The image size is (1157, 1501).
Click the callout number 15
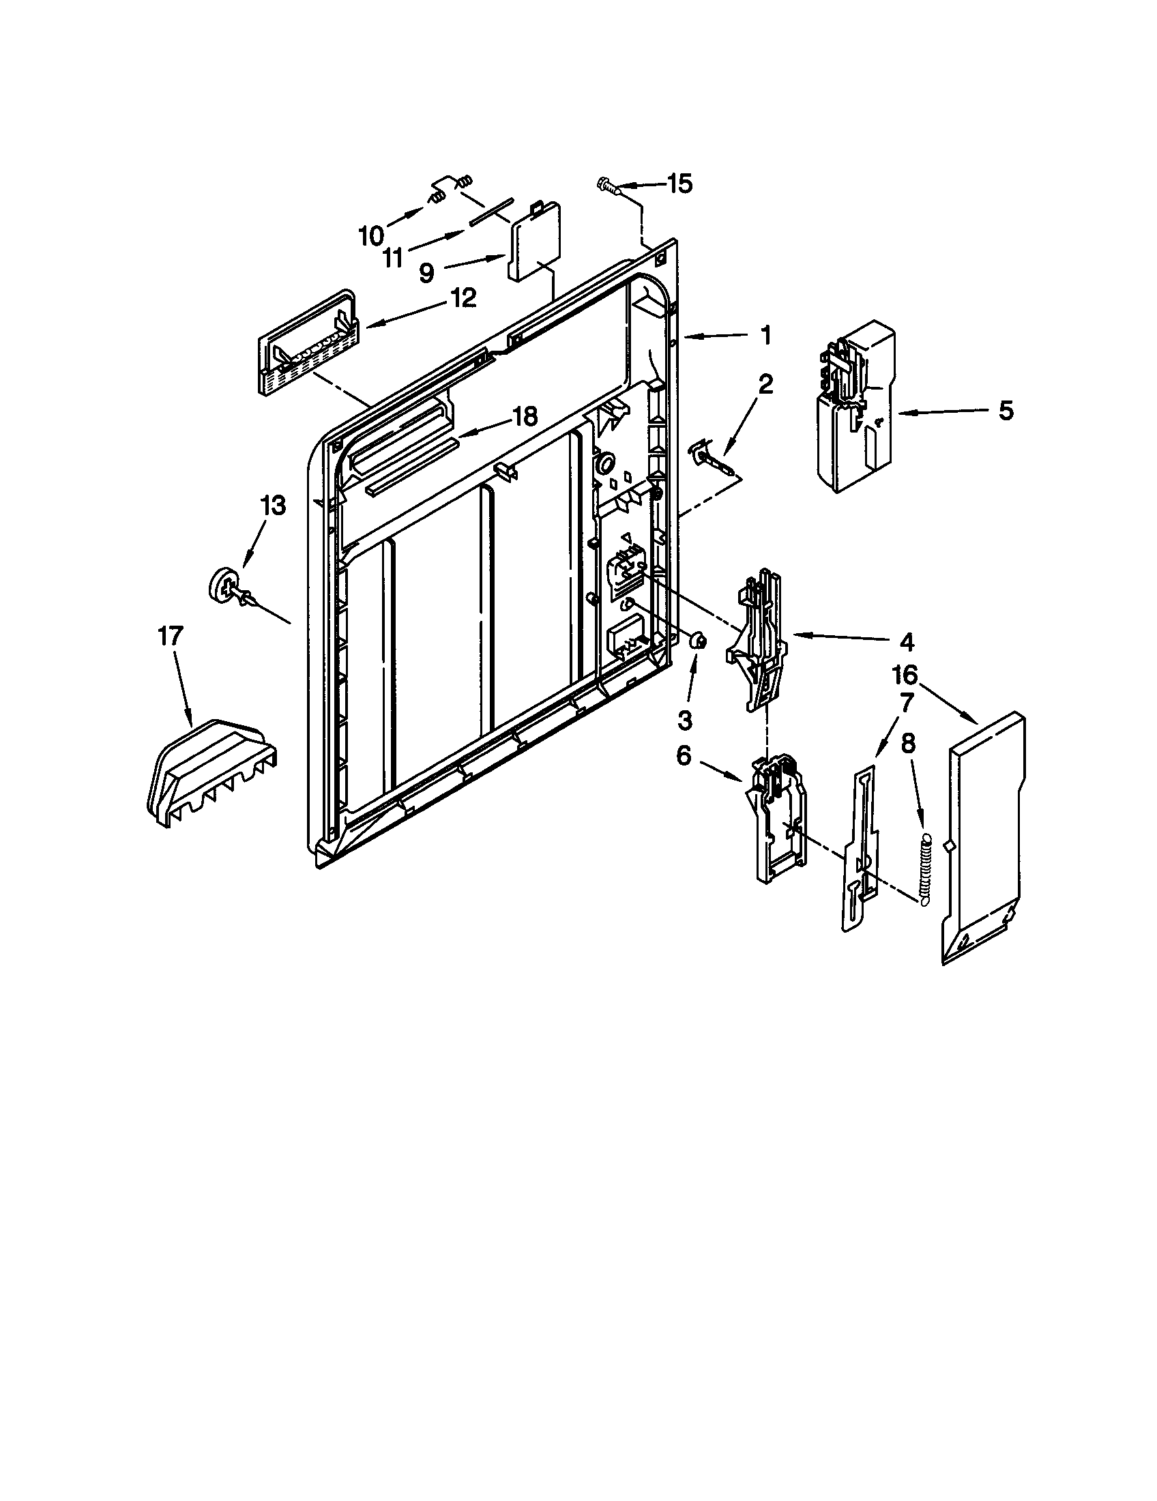tap(679, 184)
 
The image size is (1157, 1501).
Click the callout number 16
tap(905, 675)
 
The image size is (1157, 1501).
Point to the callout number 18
tap(525, 416)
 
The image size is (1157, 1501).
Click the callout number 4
tap(906, 642)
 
